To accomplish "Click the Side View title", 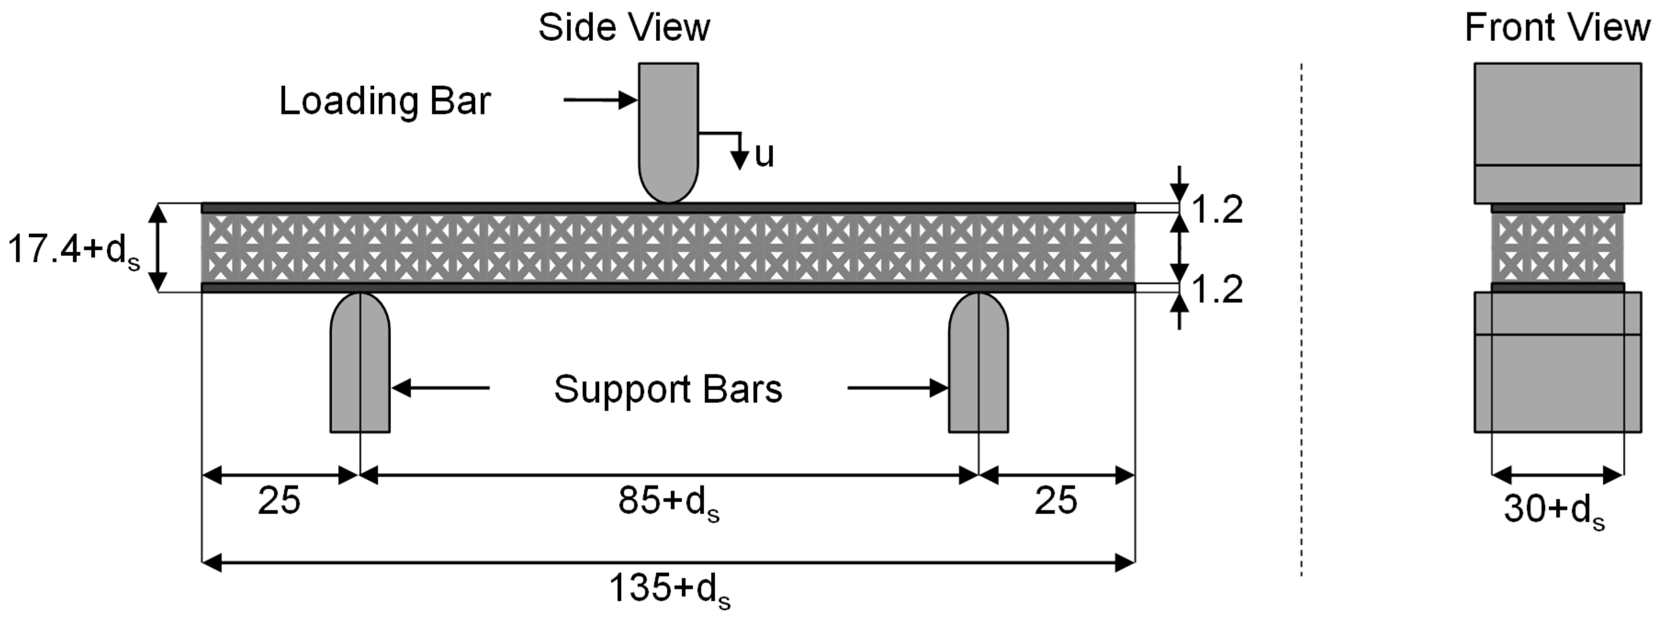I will [x=624, y=28].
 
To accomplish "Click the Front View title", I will [x=1557, y=28].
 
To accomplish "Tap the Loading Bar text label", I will [x=385, y=101].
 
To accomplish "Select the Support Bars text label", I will [x=668, y=389].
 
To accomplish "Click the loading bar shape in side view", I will [x=668, y=129].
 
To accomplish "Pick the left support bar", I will [x=360, y=368].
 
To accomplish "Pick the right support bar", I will [x=978, y=368].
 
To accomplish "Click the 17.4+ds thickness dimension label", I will [x=72, y=250].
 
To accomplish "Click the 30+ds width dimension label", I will [x=1554, y=510].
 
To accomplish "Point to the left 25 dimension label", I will [x=279, y=500].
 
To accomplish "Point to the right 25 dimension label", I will [x=1056, y=500].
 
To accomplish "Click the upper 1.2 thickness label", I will [x=1217, y=210].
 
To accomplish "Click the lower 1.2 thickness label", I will [x=1217, y=290].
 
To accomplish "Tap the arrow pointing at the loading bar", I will [x=600, y=100].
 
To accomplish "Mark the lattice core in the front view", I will [x=1557, y=248].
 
